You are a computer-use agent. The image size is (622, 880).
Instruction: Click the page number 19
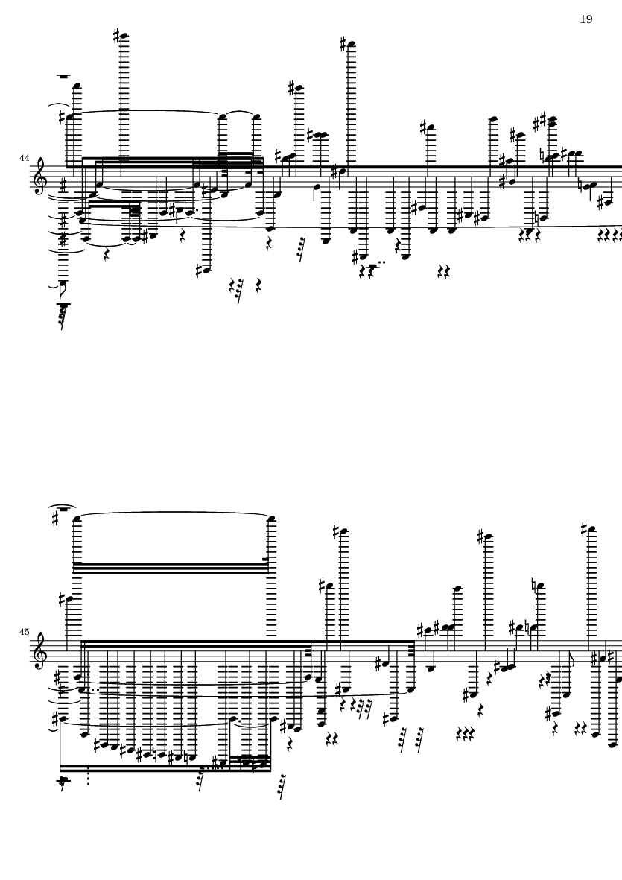[585, 19]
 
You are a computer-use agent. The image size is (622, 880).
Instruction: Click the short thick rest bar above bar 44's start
[65, 76]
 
